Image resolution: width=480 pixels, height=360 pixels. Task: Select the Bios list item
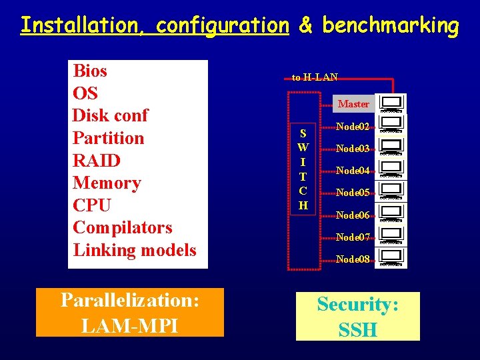(x=90, y=71)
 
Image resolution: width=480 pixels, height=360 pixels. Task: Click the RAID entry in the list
(x=97, y=161)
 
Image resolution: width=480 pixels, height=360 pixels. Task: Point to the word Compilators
(x=123, y=227)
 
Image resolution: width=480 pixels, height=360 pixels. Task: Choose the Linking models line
(x=135, y=250)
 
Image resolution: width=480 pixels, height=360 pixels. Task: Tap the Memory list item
(x=107, y=183)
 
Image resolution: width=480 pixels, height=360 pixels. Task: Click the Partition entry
(x=108, y=138)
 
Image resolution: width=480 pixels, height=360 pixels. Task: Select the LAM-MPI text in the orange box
(x=129, y=326)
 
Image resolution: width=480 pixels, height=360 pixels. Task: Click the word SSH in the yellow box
(x=358, y=329)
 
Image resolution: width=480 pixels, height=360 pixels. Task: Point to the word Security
(x=358, y=305)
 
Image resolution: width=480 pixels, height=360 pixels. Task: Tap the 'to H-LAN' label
(x=315, y=77)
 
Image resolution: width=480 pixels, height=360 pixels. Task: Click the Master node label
(x=353, y=104)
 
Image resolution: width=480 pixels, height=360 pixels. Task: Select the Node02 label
(x=353, y=127)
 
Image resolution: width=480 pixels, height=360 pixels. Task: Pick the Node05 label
(x=353, y=193)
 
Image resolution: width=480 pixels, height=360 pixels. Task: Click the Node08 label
(x=353, y=259)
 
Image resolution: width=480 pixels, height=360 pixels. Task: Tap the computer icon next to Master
(x=391, y=103)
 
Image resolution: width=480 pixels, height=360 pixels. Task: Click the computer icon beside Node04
(x=391, y=169)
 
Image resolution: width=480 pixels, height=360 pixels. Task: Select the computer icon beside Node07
(x=391, y=235)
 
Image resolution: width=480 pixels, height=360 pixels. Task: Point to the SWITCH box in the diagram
(x=303, y=169)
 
